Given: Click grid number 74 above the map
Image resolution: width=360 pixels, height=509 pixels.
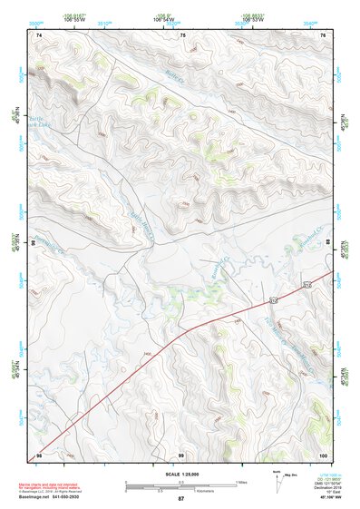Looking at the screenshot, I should [x=39, y=35].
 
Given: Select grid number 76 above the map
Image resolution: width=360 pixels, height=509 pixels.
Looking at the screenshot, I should [x=324, y=35].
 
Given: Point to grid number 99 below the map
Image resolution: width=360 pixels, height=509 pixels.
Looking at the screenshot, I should [x=181, y=454].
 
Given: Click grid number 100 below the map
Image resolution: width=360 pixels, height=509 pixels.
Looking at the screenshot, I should [x=323, y=454].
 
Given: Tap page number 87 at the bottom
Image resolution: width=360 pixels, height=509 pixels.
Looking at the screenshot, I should [x=181, y=499].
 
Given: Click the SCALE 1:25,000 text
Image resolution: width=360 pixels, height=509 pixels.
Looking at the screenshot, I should [x=180, y=475].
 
